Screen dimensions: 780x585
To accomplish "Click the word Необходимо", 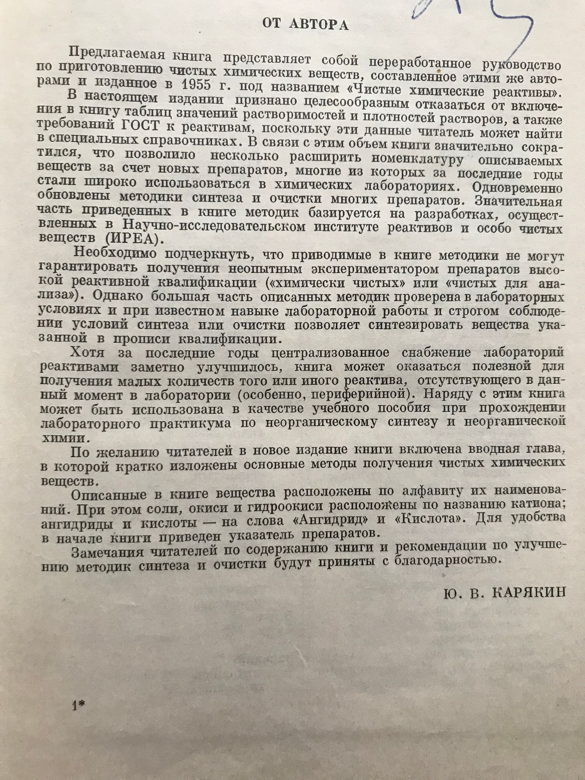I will point(115,253).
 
